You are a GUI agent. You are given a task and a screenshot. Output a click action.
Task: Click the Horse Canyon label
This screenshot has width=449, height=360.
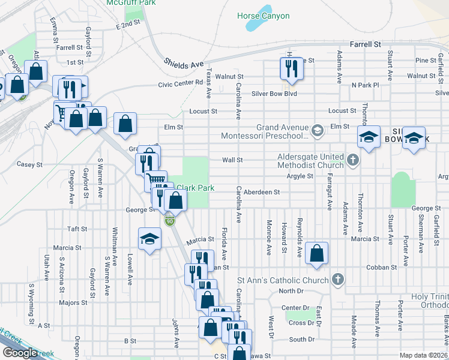click(263, 16)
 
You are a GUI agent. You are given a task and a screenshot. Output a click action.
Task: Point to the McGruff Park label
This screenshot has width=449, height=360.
click(131, 3)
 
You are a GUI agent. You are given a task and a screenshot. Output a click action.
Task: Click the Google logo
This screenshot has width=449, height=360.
click(20, 353)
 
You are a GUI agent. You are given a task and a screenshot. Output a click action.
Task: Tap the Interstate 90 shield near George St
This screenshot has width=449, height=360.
click(170, 221)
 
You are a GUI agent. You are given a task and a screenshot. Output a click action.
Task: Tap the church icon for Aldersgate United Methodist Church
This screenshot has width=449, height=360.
click(353, 160)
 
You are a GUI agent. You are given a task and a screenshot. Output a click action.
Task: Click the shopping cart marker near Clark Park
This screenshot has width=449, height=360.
click(155, 179)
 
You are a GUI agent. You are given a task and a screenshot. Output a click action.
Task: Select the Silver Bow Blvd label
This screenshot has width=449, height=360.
click(274, 94)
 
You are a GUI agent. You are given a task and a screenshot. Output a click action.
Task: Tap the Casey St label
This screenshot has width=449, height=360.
click(30, 164)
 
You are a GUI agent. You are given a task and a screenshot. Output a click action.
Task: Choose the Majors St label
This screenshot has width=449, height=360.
click(74, 303)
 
